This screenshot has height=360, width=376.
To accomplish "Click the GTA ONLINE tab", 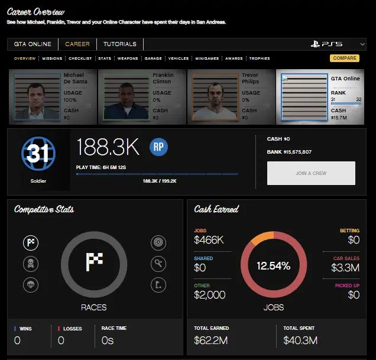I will [33, 44].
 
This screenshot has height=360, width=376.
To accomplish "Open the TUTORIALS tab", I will [120, 44].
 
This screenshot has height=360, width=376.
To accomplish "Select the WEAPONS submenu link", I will [128, 59].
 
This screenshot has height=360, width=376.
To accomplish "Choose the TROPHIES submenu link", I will [260, 59].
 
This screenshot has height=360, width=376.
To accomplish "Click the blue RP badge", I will [159, 147].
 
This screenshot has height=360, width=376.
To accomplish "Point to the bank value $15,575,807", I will [297, 152].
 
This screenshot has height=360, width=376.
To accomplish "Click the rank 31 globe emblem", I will [38, 154].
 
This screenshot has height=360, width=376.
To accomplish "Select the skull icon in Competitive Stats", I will [31, 263].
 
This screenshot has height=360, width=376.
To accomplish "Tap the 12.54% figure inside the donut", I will [273, 266].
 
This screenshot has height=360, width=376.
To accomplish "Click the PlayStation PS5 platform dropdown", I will [334, 44].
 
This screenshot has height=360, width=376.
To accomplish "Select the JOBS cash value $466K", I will [209, 240].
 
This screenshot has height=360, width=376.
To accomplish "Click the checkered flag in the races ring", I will [95, 263].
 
